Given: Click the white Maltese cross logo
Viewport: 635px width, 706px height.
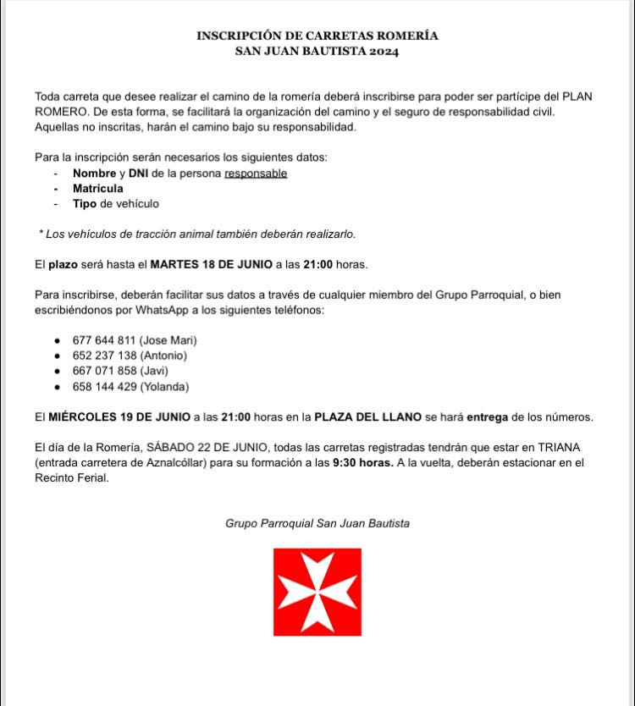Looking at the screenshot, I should pyautogui.click(x=317, y=592).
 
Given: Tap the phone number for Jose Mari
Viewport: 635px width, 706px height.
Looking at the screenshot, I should pyautogui.click(x=104, y=340).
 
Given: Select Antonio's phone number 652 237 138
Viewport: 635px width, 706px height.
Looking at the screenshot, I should pyautogui.click(x=104, y=356).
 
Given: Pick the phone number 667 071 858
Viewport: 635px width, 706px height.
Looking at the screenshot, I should pyautogui.click(x=104, y=371).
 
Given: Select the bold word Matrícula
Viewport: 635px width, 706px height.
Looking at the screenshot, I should pyautogui.click(x=98, y=189).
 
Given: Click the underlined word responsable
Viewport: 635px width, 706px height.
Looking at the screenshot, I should pyautogui.click(x=256, y=174).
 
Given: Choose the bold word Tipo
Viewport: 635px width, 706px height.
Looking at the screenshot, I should pyautogui.click(x=85, y=204).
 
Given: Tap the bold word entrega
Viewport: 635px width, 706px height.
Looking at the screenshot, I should pyautogui.click(x=487, y=417).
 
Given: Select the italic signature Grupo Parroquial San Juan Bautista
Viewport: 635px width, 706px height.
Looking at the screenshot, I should pyautogui.click(x=317, y=523).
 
